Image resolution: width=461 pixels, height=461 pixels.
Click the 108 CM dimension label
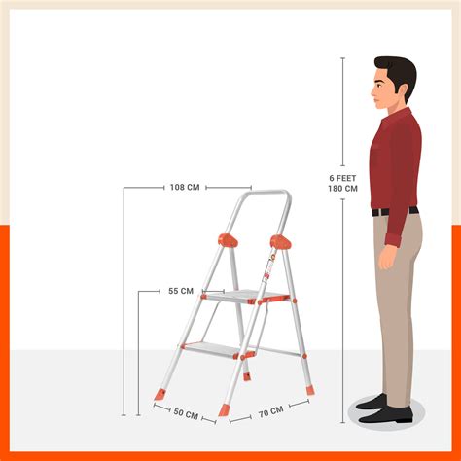pyautogui.click(x=184, y=187)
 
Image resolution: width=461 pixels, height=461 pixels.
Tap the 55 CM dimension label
pyautogui.click(x=181, y=291)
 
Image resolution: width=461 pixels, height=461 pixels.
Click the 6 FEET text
pyautogui.click(x=343, y=178)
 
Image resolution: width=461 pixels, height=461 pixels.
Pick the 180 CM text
pyautogui.click(x=343, y=189)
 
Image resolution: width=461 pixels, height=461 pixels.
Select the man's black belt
pyautogui.click(x=395, y=211)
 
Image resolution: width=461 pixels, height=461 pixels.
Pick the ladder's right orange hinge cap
pyautogui.click(x=280, y=242)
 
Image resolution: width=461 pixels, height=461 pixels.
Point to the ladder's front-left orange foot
pyautogui.click(x=160, y=395)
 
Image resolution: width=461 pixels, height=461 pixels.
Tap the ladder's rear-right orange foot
pyautogui.click(x=309, y=390)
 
